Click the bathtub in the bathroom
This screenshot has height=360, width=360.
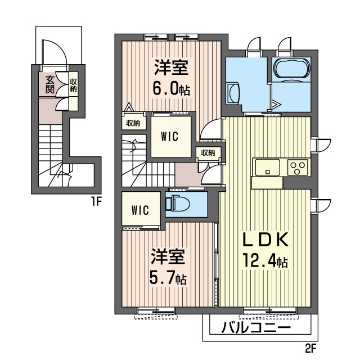[291, 68]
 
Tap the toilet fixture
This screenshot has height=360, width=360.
[177, 203]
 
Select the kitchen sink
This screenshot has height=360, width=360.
[268, 168]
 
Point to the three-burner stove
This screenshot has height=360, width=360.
[298, 168]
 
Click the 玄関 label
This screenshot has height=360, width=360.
[49, 84]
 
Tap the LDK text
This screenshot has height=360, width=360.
[265, 240]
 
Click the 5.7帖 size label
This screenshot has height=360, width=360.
[168, 277]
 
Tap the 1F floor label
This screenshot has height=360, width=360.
[96, 202]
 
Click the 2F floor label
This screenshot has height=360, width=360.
[311, 349]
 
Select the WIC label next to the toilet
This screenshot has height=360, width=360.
[140, 210]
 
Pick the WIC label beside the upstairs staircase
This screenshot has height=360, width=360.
[169, 136]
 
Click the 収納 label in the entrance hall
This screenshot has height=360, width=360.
[74, 85]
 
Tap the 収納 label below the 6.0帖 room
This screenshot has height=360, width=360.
[133, 124]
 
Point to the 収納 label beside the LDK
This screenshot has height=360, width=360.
[208, 152]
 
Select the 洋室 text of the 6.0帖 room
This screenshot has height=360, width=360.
[172, 67]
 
